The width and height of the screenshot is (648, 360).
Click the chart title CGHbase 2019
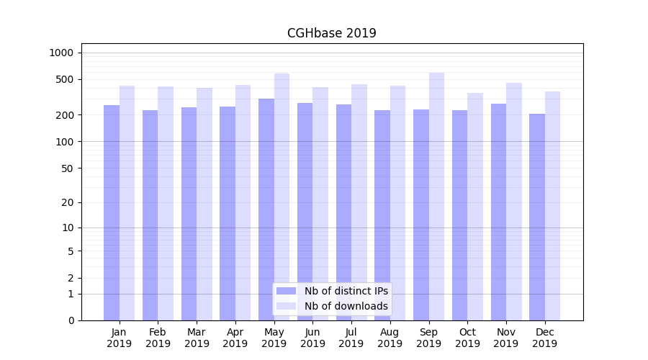click(331, 33)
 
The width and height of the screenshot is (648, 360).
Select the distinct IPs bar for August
click(382, 215)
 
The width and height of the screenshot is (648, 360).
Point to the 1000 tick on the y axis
click(61, 53)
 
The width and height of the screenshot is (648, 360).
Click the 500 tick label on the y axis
click(65, 79)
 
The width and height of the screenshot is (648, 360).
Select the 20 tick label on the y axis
click(68, 202)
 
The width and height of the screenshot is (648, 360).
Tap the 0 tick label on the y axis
click(71, 320)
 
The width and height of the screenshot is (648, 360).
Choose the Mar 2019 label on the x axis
click(197, 338)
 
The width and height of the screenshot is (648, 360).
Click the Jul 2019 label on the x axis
click(351, 338)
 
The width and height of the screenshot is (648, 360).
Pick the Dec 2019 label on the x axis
click(544, 338)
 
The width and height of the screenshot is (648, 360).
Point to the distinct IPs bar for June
click(305, 212)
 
